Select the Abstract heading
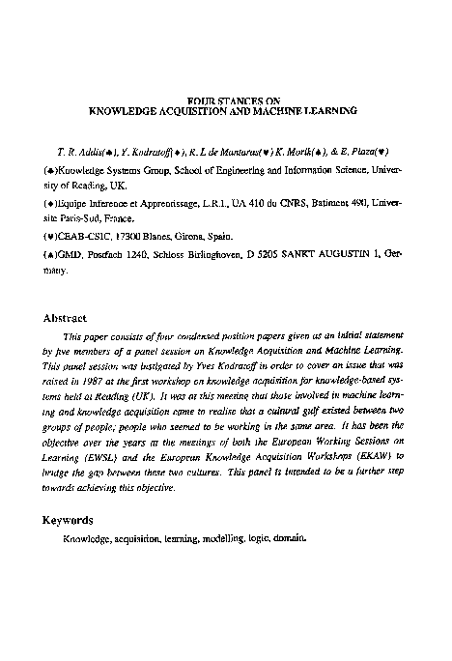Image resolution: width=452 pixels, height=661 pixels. coord(66,317)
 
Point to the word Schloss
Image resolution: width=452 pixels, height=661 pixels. coord(160,254)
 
